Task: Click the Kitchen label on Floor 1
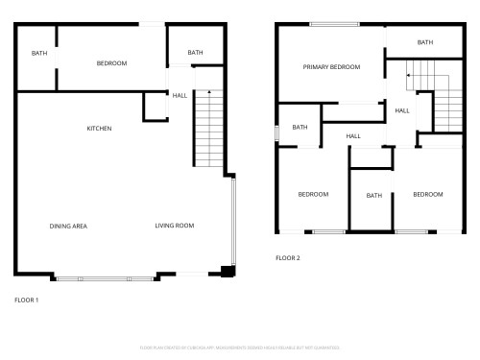point(100,128)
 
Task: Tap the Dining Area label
point(68,226)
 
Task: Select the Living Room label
point(175,226)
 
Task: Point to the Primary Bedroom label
point(331,66)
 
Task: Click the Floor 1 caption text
point(27,300)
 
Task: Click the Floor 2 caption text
point(288,258)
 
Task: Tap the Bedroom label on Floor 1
point(111,63)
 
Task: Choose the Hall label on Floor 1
point(180,95)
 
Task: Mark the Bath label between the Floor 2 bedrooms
point(373,196)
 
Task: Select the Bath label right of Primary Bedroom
point(425,42)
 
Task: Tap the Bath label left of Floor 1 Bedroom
point(39,53)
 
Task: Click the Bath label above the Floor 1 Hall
point(195,53)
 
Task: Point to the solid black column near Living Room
point(227,272)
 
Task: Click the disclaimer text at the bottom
point(239,347)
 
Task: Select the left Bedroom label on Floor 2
point(313,194)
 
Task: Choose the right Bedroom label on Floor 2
point(428,194)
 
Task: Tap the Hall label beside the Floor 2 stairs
point(401,110)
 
